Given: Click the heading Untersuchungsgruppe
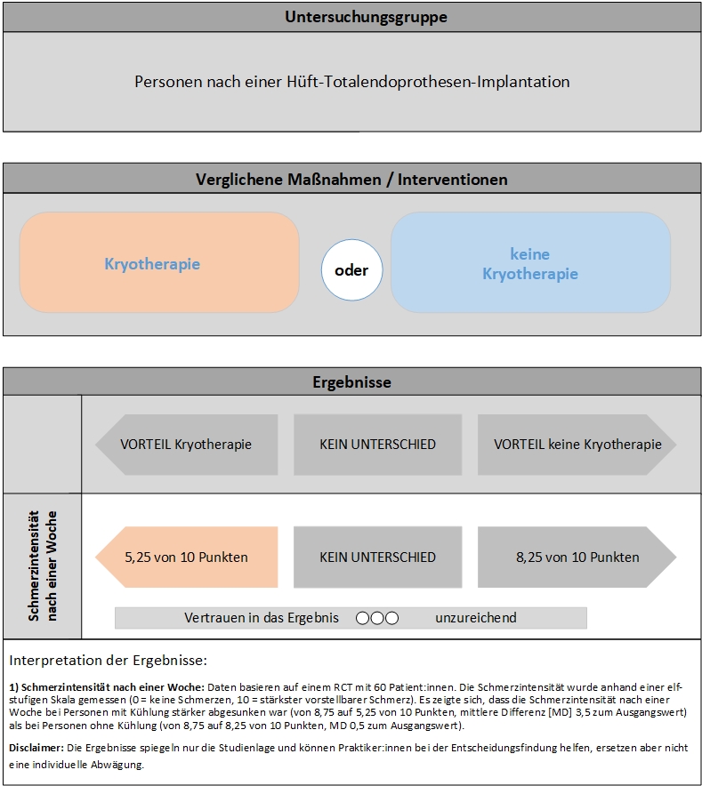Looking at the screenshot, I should coord(353,17).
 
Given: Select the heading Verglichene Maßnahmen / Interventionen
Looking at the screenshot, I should coord(351,180).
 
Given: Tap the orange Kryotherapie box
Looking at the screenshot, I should coord(159,264).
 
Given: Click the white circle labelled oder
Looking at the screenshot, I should coord(351,270).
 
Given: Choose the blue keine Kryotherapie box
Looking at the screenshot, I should coord(530,264).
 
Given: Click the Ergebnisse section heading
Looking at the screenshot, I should coord(351,382).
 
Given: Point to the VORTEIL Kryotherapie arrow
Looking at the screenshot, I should coord(186,445).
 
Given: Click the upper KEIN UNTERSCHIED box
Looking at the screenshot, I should coord(377,445).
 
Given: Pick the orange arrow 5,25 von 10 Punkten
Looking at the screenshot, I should coord(186,557).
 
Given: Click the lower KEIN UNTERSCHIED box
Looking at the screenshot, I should coord(377,557).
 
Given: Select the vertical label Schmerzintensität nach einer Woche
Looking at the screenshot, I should coord(42,566).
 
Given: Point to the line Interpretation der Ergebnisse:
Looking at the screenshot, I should coord(108,661).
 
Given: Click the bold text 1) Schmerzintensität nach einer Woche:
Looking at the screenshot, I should coord(107,688).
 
